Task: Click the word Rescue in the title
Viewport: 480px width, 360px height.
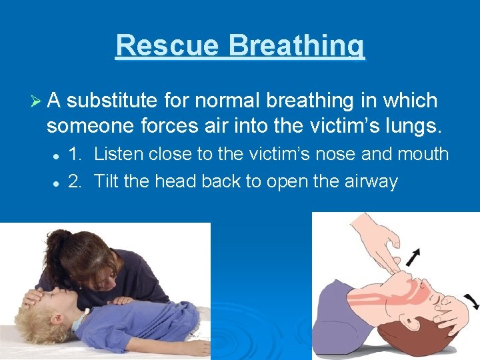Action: click(167, 46)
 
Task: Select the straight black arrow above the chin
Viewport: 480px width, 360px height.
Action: click(415, 256)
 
